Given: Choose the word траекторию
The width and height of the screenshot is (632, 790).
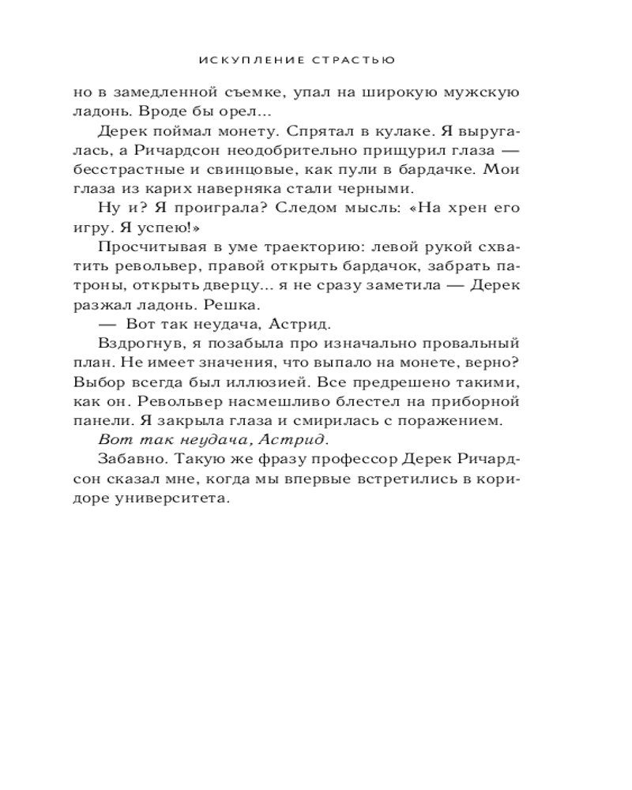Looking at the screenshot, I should coord(325,246).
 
